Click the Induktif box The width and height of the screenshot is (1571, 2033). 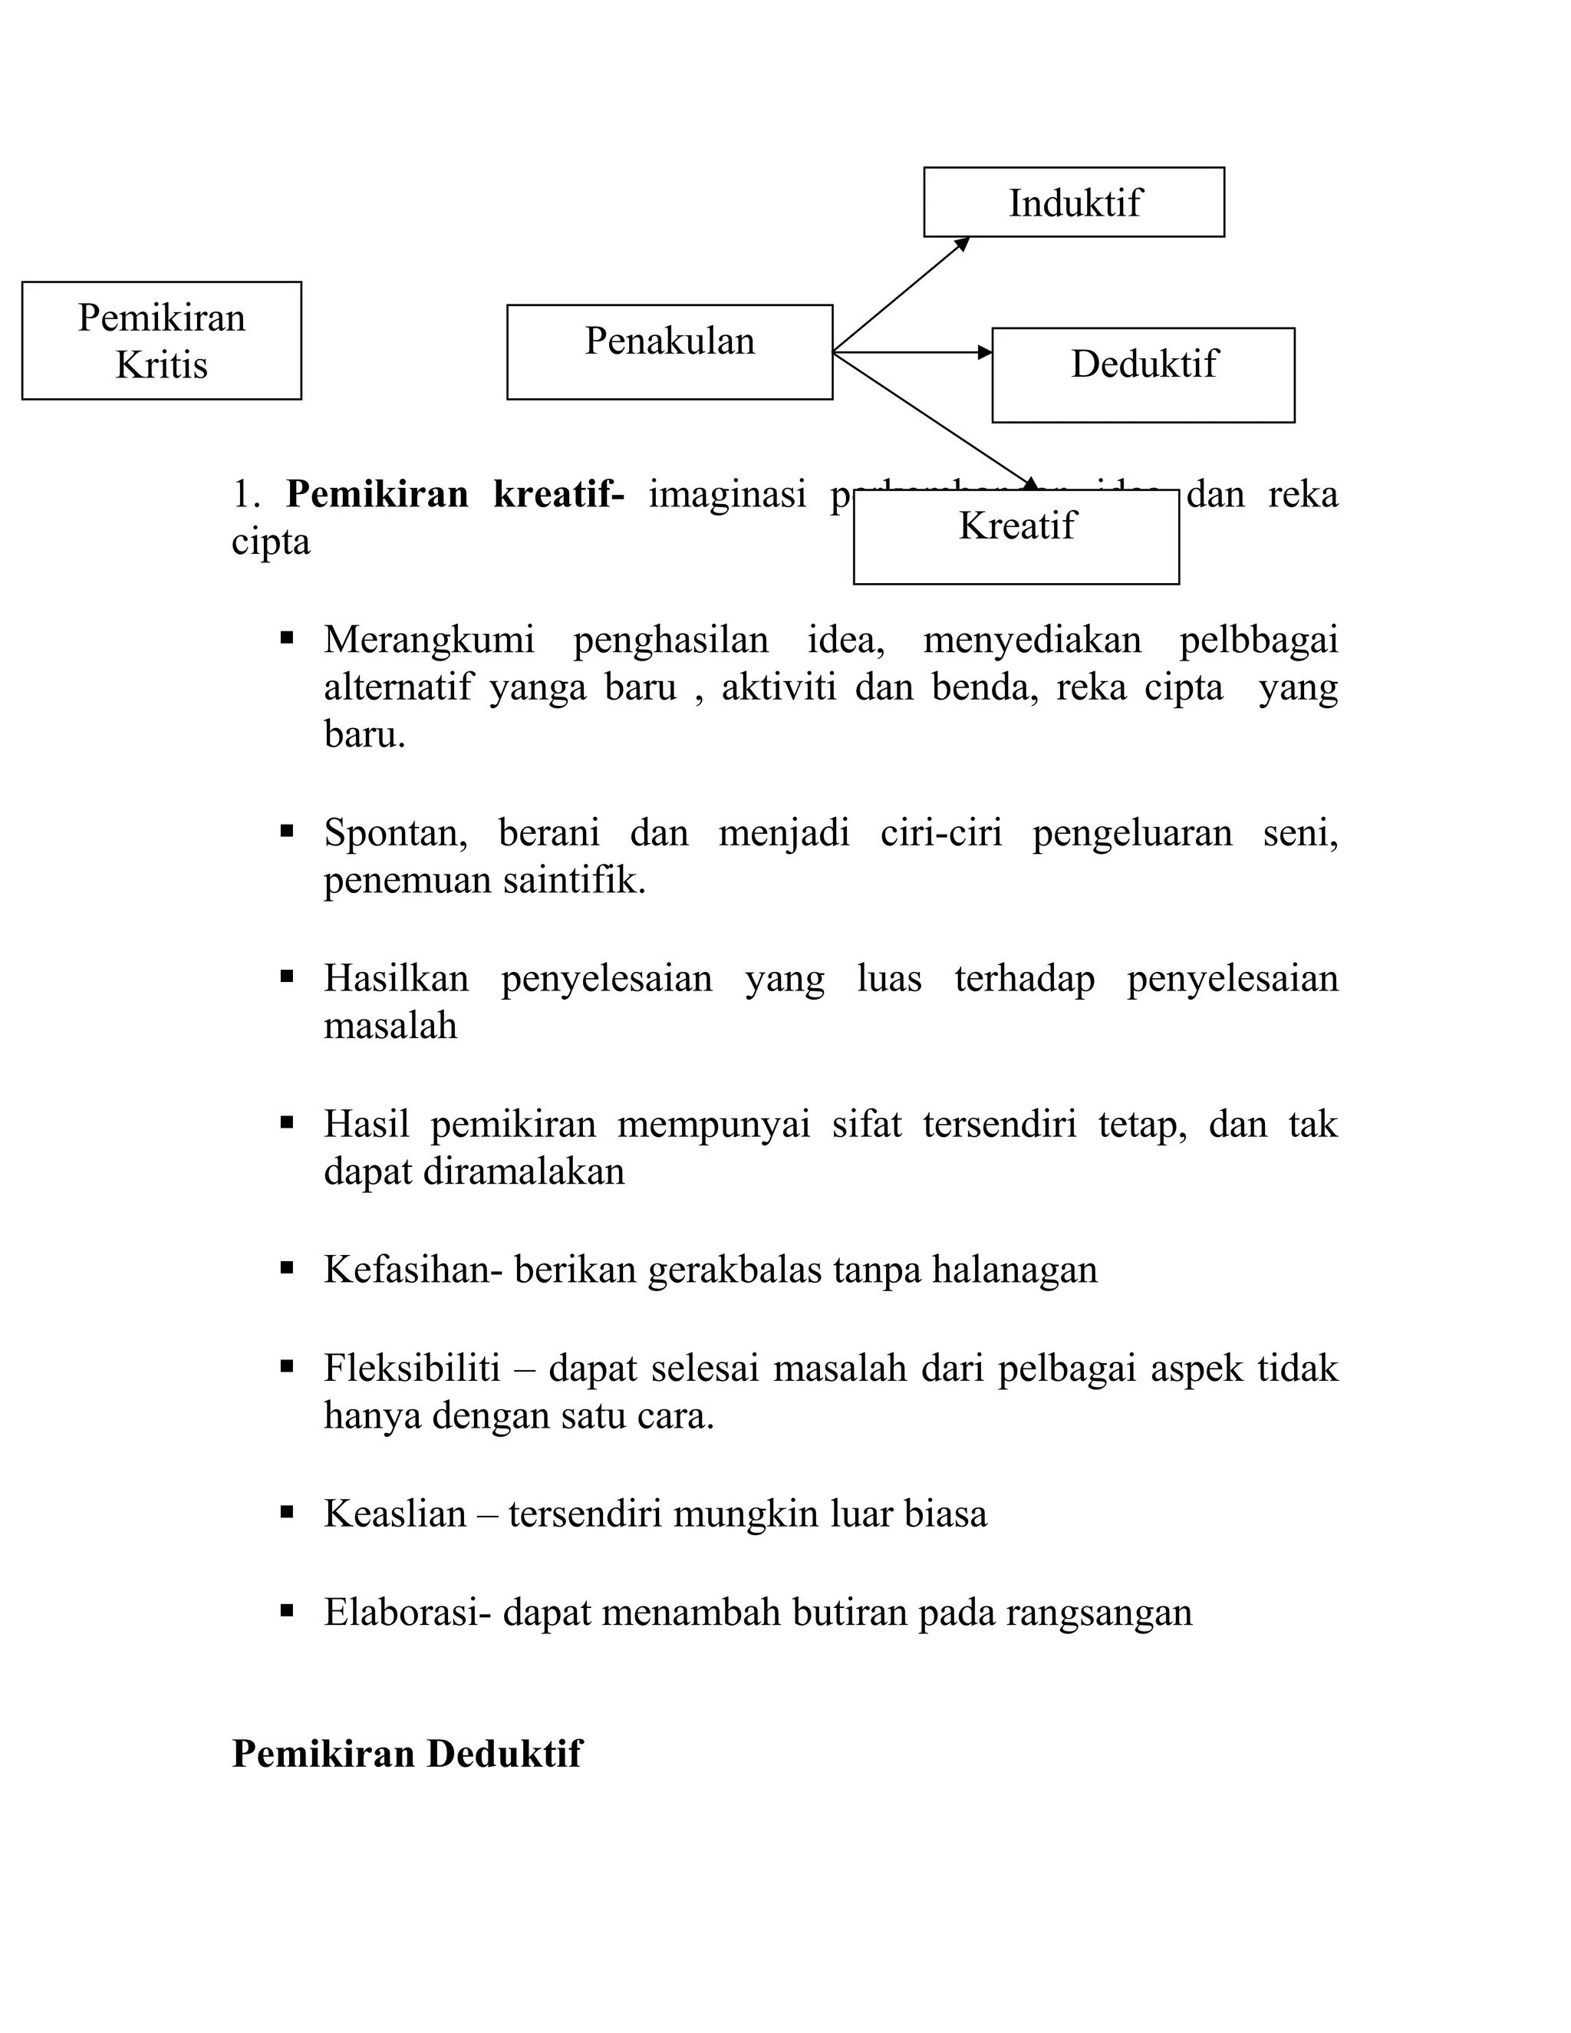coord(1073,202)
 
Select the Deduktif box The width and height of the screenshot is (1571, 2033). coord(1142,374)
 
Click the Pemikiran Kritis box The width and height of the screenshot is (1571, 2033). coord(161,340)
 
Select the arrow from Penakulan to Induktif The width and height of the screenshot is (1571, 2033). coord(901,294)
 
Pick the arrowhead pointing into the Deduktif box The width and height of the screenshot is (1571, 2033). coord(985,352)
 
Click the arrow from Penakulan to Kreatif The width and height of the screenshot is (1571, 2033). coord(930,418)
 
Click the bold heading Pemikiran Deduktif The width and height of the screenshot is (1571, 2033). coord(406,1754)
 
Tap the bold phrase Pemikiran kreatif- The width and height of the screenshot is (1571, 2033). coord(454,494)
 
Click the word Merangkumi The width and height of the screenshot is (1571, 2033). coord(428,641)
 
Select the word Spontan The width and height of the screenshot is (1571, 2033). coord(394,833)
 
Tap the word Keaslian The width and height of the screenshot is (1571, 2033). coord(394,1514)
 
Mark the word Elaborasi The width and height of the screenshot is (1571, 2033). coord(407,1613)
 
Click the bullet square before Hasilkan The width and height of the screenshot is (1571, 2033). coord(287,977)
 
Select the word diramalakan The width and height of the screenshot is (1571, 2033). coord(523,1171)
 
